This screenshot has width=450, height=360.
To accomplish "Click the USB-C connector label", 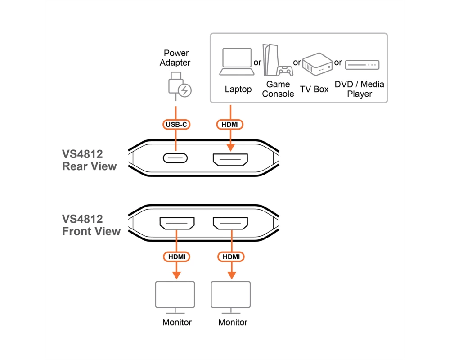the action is click(x=176, y=124).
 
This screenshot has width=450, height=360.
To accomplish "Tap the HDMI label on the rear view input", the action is click(x=230, y=124).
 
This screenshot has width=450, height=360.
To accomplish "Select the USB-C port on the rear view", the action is click(x=175, y=158).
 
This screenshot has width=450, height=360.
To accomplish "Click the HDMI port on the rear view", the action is click(x=230, y=160).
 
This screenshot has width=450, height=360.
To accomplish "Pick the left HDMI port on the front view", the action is click(x=177, y=223).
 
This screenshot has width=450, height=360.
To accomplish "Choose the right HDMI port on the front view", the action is click(x=230, y=223).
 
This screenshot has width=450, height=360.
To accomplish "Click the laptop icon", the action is click(x=237, y=62).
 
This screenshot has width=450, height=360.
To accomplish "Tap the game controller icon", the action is click(x=285, y=71).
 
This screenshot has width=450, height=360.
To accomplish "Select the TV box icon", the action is click(x=317, y=64).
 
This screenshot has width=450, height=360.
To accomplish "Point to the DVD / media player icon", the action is click(x=362, y=65).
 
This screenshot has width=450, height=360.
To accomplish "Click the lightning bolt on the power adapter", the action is click(x=185, y=90).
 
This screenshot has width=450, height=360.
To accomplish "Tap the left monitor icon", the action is click(x=175, y=297).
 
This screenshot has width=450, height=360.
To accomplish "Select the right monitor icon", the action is click(x=231, y=297).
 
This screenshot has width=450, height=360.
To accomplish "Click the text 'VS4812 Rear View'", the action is click(x=89, y=160).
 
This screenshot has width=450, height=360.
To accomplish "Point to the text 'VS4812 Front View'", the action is click(x=91, y=225).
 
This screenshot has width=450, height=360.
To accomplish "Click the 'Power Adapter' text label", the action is click(x=175, y=58).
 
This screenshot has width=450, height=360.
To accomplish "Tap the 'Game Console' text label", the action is click(x=278, y=89).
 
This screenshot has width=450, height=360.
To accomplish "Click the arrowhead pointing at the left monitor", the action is click(x=176, y=275).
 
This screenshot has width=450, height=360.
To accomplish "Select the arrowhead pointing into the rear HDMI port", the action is click(x=230, y=147).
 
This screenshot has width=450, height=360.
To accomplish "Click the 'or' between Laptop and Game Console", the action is click(x=257, y=63).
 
